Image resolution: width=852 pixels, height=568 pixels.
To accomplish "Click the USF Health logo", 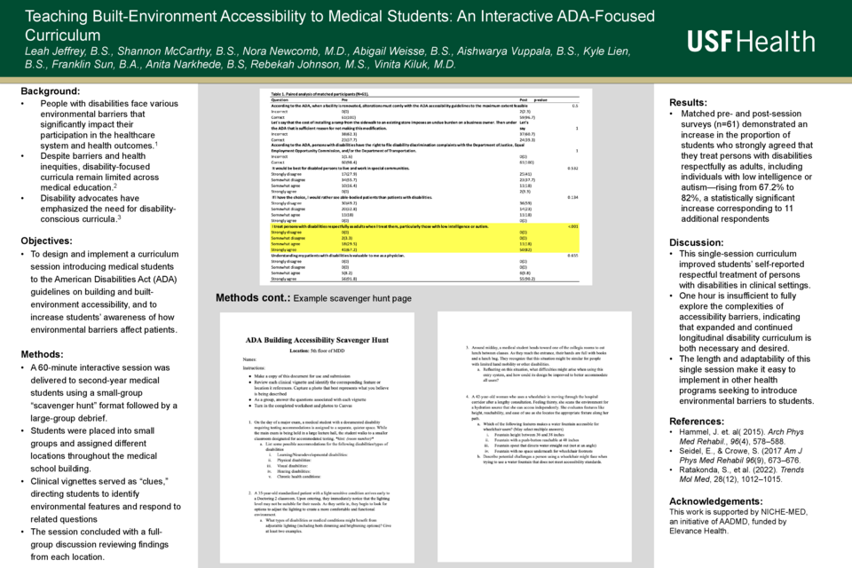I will point(751,41).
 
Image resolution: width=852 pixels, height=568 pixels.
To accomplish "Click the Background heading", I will point(51,91).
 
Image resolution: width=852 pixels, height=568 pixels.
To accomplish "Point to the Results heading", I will point(688,102).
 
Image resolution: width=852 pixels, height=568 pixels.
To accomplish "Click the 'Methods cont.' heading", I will point(251,298).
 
